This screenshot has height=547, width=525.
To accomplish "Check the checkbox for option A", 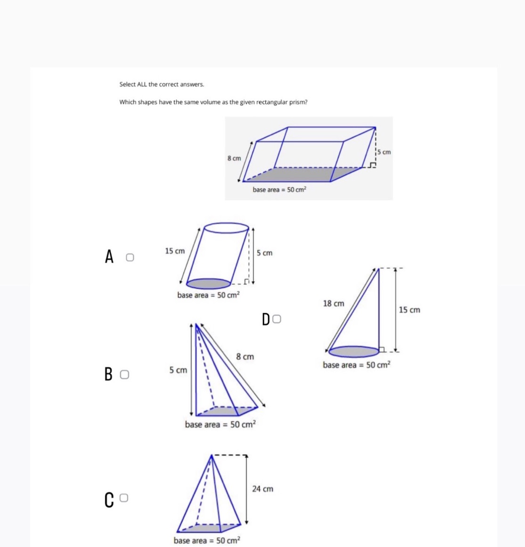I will [x=130, y=257].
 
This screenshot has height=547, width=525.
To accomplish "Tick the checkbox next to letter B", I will [x=124, y=375].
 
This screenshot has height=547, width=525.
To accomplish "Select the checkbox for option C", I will [x=124, y=498].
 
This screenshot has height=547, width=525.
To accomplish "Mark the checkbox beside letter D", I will [x=277, y=319].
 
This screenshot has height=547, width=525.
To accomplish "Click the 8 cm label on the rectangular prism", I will [x=234, y=158].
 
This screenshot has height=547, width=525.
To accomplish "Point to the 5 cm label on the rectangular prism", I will [x=384, y=152].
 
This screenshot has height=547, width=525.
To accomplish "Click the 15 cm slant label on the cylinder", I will [x=175, y=251].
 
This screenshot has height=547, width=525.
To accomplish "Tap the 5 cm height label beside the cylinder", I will [x=264, y=253].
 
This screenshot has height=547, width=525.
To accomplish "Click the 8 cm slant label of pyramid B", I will [x=245, y=357].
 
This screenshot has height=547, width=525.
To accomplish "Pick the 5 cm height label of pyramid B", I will [x=178, y=371].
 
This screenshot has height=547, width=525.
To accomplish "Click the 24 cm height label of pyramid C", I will [x=262, y=489].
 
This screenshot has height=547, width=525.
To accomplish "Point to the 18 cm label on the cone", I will [x=333, y=304].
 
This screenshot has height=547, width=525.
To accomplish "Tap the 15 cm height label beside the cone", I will [x=409, y=310].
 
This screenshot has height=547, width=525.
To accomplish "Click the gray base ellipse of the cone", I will [x=353, y=351].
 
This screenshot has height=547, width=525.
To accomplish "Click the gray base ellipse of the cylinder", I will [x=208, y=283].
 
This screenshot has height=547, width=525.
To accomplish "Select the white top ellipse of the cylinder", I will [x=226, y=228].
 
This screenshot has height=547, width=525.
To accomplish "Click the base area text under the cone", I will [x=356, y=365].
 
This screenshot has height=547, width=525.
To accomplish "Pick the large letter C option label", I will [x=109, y=500].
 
